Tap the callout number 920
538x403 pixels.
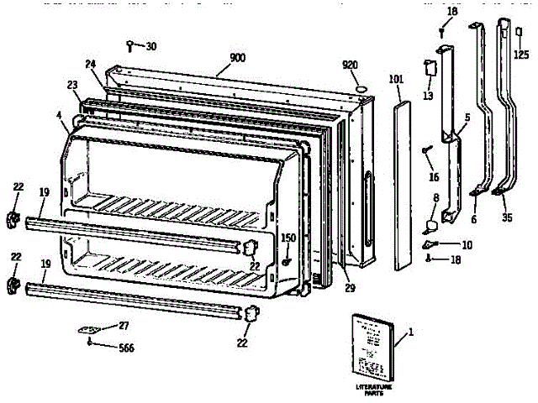[x=351, y=65]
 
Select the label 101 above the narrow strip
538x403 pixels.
[x=398, y=81]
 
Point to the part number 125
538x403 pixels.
[x=522, y=55]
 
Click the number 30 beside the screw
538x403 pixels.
[x=150, y=45]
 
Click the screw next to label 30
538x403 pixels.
[x=131, y=45]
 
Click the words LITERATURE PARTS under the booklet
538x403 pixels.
[x=374, y=389]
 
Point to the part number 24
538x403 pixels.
[x=91, y=64]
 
